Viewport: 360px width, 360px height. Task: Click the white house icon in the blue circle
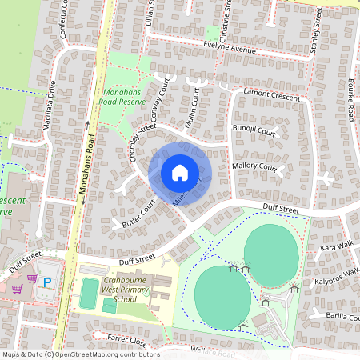[180, 172]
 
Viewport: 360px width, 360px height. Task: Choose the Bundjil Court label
[254, 130]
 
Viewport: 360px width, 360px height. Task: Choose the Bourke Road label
[350, 101]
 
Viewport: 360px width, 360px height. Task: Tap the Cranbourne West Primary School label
[130, 290]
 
